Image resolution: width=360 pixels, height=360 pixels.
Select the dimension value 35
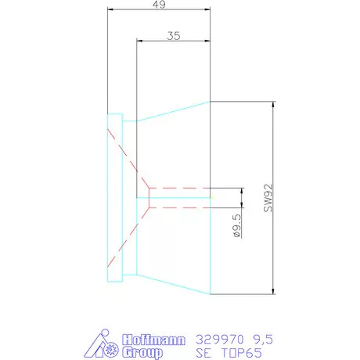(x=175, y=35)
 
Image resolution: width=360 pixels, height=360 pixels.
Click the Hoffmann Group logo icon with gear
(x=102, y=345)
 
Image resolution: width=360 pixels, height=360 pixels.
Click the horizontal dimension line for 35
(x=173, y=41)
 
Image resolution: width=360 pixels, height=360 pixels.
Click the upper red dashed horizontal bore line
(x=180, y=188)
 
